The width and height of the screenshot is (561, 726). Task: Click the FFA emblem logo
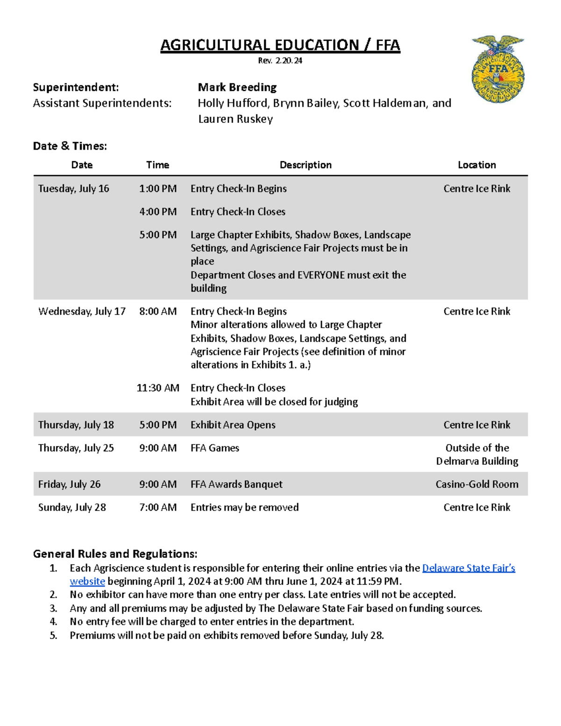[x=497, y=69]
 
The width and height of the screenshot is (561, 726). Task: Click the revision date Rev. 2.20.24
[x=280, y=60]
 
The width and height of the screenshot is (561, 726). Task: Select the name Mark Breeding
[x=237, y=87]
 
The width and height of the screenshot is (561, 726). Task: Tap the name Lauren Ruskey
[x=235, y=119]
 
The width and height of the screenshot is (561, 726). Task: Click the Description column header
[x=305, y=165]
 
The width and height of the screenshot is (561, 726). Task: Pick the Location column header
[x=476, y=165]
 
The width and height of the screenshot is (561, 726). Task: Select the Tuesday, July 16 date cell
[x=73, y=188]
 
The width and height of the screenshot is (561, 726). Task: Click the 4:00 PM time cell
[x=158, y=211]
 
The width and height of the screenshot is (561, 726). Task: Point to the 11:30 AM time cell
[x=158, y=388]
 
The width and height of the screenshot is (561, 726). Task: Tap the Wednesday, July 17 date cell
[x=82, y=311]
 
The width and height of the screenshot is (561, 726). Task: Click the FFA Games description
[x=215, y=448]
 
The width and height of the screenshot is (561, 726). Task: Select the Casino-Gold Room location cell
[x=476, y=484]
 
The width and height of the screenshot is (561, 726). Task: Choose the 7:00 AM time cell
[x=158, y=507]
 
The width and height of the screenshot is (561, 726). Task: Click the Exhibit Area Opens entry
[x=233, y=424]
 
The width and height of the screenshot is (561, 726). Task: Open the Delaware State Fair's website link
[x=468, y=568]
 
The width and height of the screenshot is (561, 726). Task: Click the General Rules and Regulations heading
[x=115, y=553]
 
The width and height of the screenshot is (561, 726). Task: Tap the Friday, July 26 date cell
[x=69, y=484]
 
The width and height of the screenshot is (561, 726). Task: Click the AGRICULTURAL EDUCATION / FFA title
[x=280, y=45]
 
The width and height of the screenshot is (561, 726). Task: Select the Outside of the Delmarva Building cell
[x=476, y=454]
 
